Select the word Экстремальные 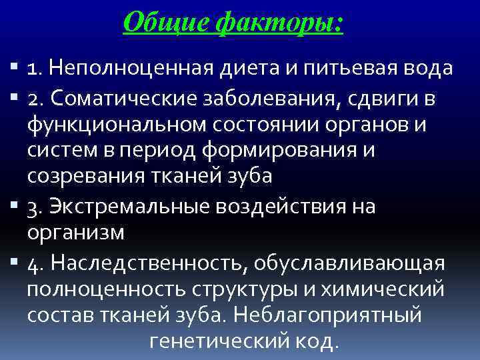[x=123, y=207]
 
